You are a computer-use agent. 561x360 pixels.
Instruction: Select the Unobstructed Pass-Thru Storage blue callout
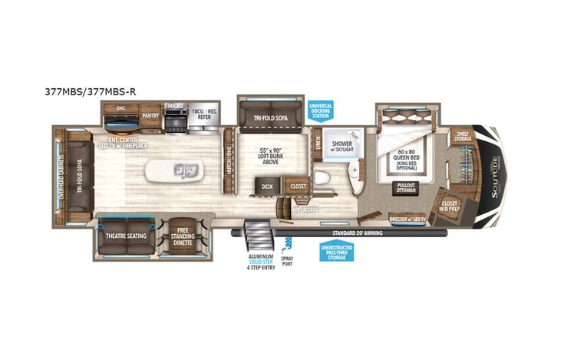[x=336, y=251]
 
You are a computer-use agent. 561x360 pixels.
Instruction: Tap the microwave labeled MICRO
[x=175, y=117]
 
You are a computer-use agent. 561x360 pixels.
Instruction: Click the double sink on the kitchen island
[x=185, y=169]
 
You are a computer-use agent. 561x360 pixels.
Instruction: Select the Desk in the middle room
[x=267, y=186]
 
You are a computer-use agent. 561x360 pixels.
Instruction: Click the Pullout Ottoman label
[x=406, y=188]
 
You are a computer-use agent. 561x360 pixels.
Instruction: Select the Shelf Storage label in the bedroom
[x=462, y=137]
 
